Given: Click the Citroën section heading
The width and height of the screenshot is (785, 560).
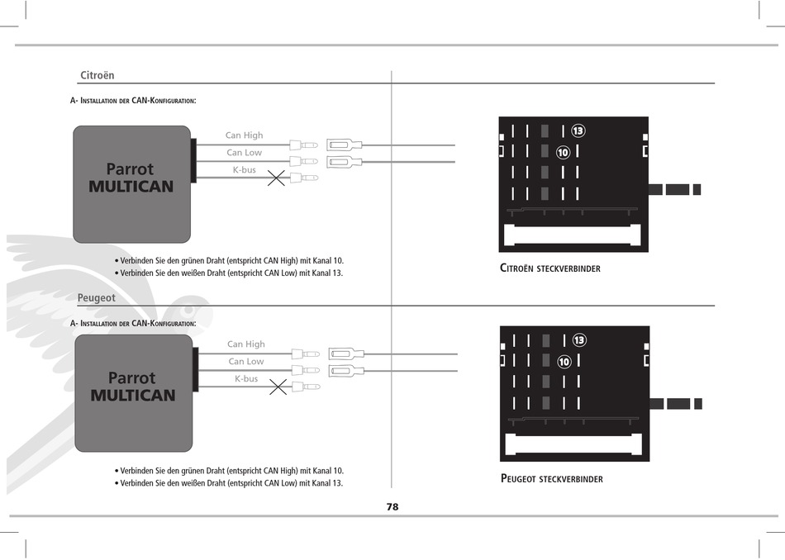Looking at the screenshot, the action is (x=98, y=75).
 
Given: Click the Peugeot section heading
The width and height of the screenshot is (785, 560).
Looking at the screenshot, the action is (x=96, y=298).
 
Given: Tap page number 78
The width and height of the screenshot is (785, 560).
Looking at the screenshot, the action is (x=392, y=507).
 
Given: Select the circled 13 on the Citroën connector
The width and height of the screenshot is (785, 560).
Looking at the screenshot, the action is (x=578, y=131).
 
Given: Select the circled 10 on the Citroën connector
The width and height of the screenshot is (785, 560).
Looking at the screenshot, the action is (x=564, y=152).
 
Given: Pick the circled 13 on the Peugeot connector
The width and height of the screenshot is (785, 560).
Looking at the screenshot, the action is (x=579, y=340).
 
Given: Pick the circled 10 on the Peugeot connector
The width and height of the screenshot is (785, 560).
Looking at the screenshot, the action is (x=564, y=361).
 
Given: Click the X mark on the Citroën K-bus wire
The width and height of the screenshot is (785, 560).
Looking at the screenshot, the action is (x=276, y=178).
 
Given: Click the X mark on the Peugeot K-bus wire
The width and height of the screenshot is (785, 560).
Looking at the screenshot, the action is (x=278, y=387).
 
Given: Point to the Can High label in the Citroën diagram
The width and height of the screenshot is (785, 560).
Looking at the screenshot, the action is (x=244, y=135).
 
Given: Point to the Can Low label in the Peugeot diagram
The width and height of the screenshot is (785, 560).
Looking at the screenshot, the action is (x=245, y=361).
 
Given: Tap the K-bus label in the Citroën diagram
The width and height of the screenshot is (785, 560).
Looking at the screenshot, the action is (x=245, y=169).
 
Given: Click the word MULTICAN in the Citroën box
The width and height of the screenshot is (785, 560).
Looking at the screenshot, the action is (x=131, y=187).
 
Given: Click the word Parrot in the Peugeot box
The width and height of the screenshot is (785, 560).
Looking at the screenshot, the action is (x=131, y=377).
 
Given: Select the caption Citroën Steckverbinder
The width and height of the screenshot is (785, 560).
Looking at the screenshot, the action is (x=550, y=268).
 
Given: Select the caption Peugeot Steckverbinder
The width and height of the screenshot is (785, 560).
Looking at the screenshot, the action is (x=552, y=479).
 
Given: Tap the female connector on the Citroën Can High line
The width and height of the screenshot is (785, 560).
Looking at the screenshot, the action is (x=345, y=145).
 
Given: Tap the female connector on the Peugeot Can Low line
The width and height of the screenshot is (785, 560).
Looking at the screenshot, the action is (x=346, y=371).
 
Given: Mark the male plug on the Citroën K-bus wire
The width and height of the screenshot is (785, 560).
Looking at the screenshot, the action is (x=304, y=178).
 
